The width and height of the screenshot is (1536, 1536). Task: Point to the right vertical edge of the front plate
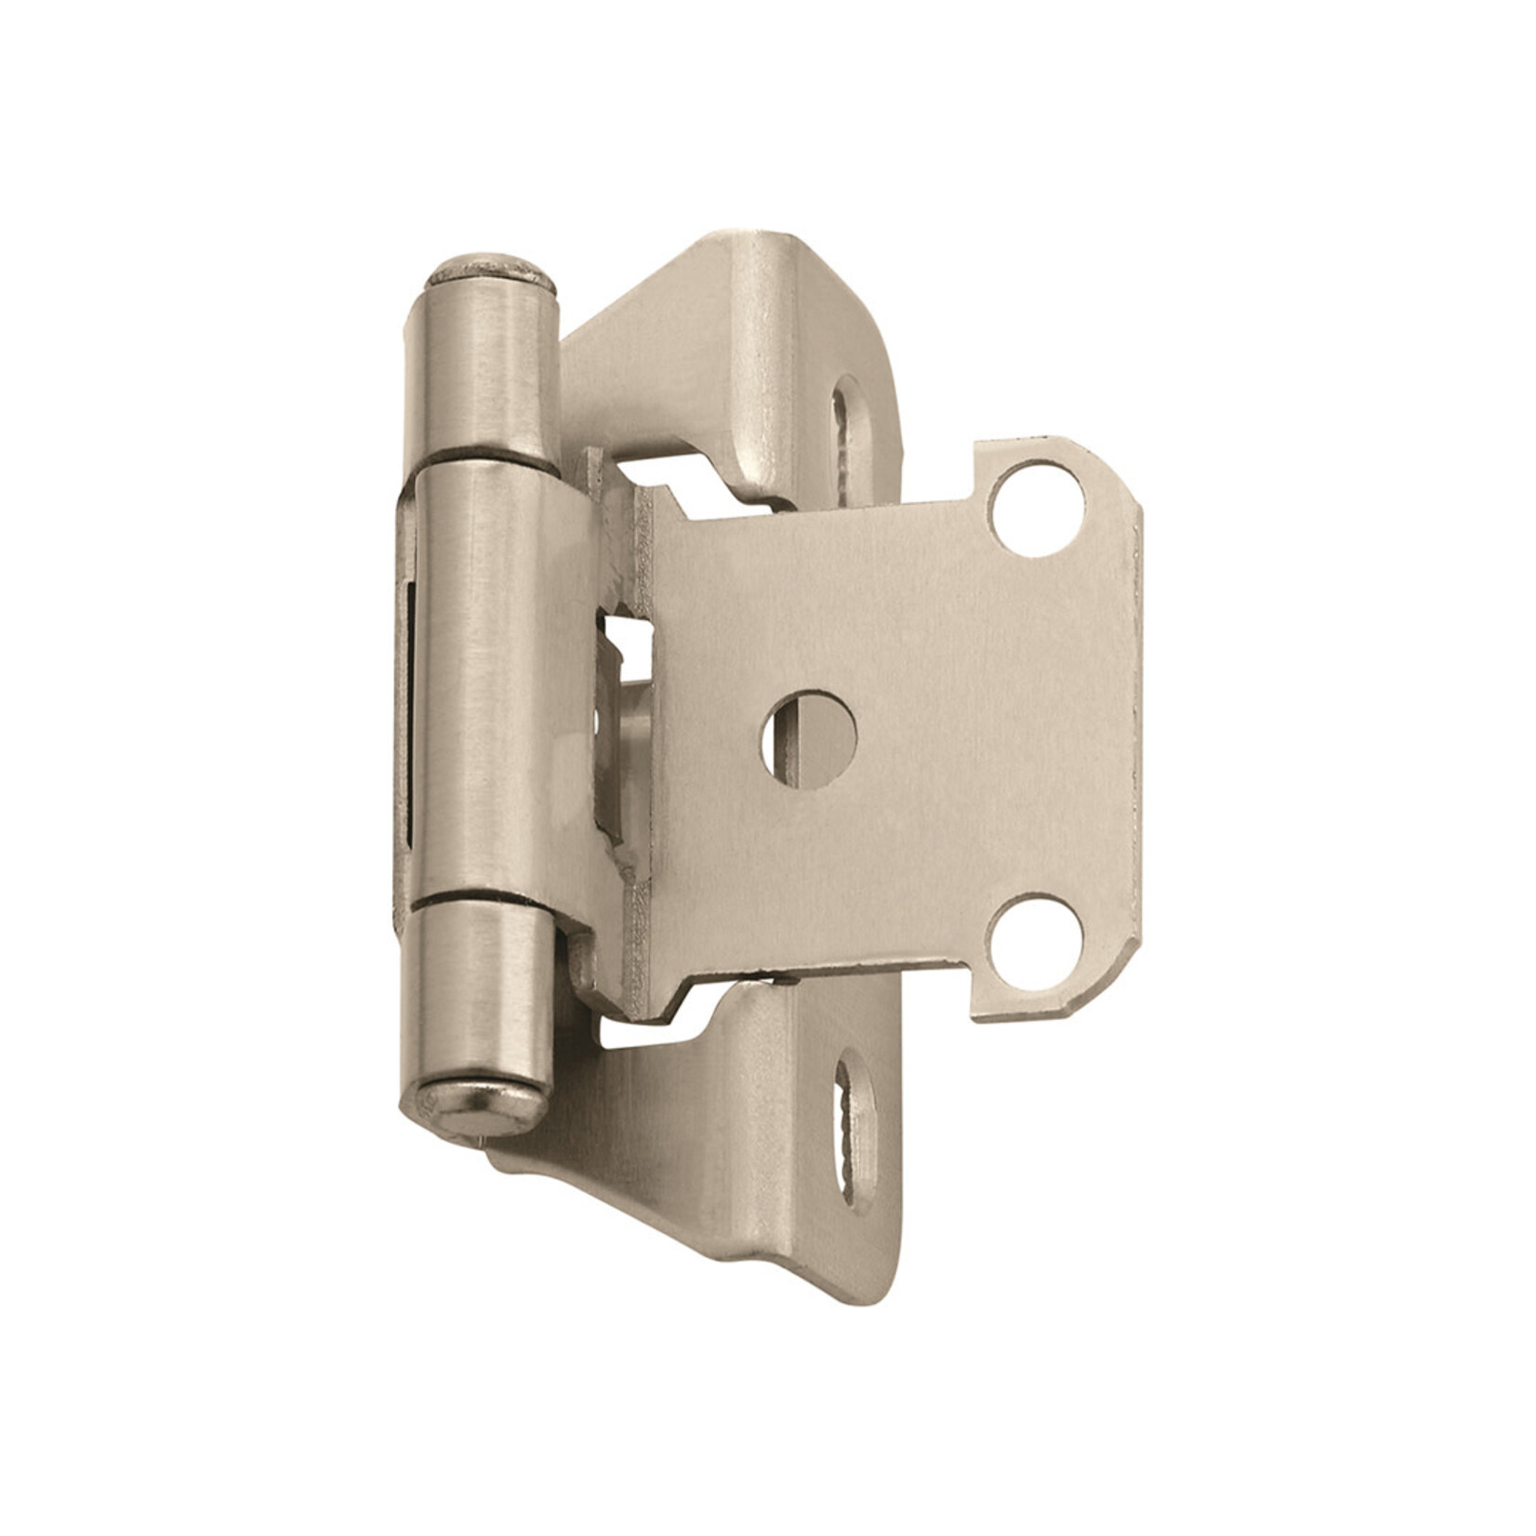pyautogui.click(x=1132, y=725)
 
